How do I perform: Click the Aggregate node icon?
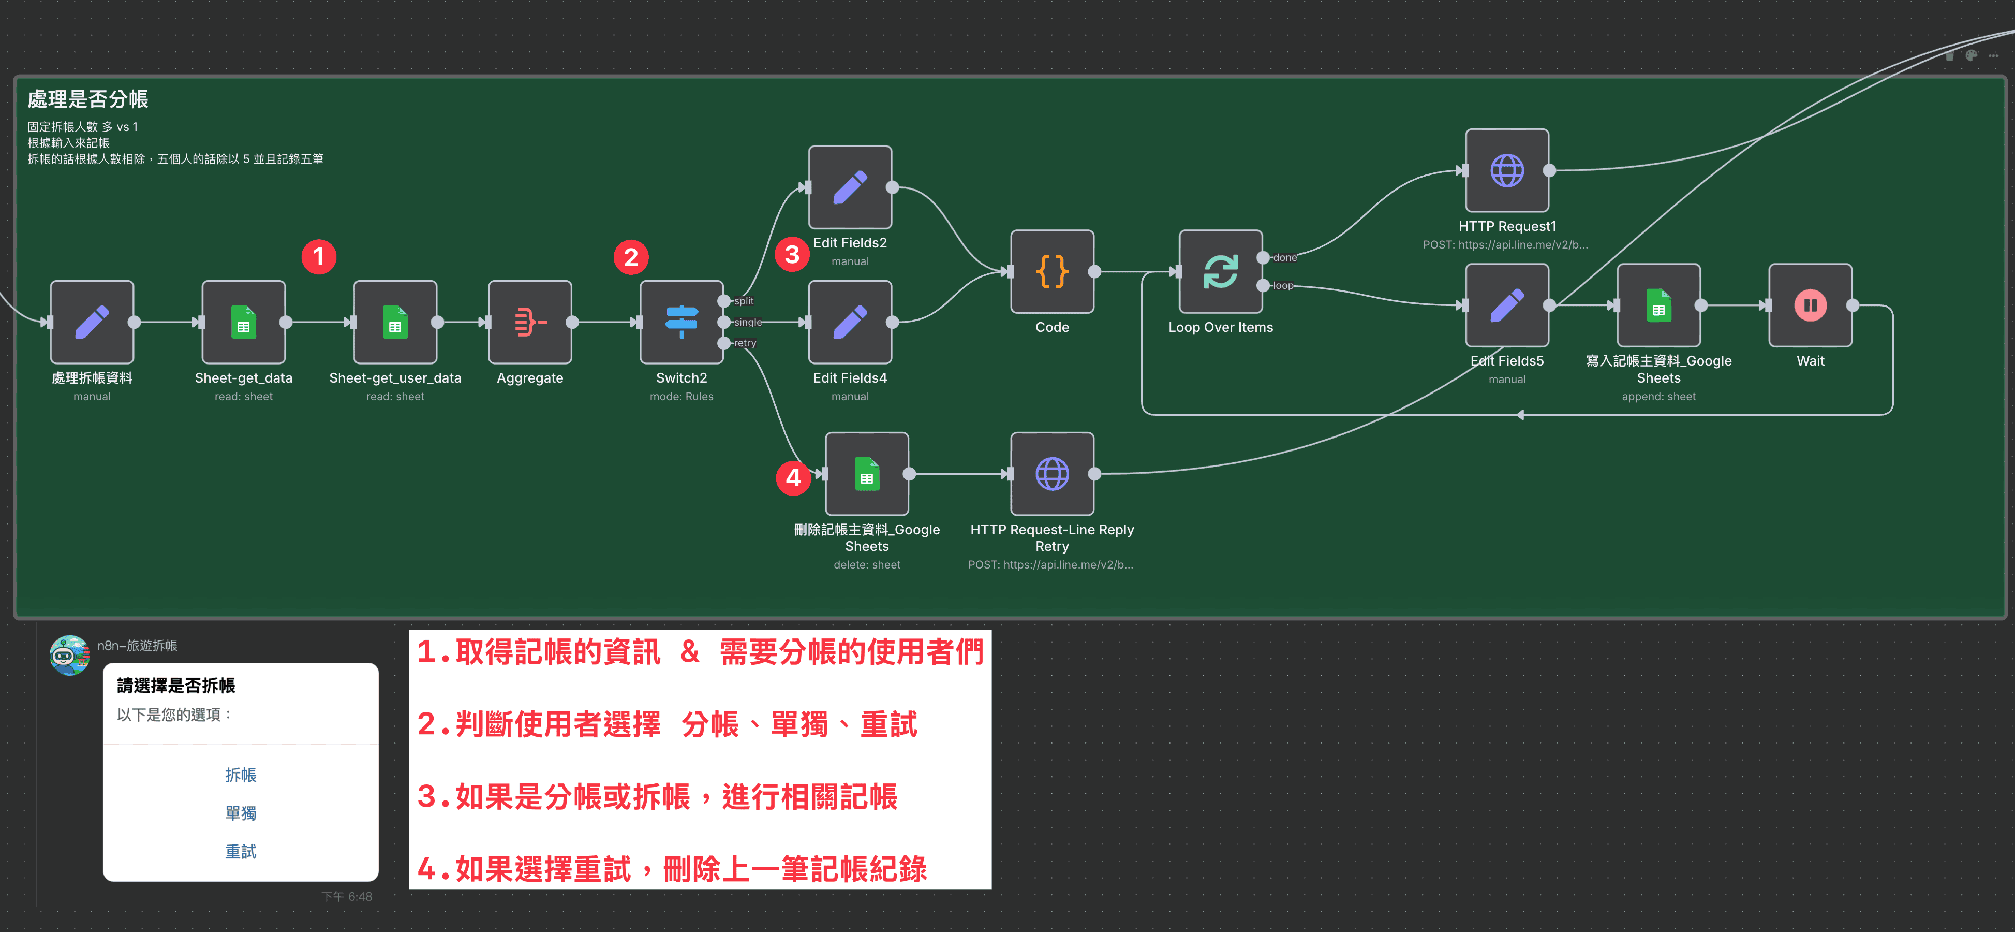tap(529, 322)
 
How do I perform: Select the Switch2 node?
tap(681, 322)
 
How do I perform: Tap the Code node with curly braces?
tap(1051, 271)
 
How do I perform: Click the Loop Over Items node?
tap(1220, 271)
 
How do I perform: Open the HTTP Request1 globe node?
tap(1506, 170)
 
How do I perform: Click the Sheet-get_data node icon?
tap(243, 322)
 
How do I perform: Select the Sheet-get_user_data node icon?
tap(395, 322)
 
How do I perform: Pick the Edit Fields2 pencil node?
tap(850, 187)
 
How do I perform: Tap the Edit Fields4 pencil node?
tap(850, 322)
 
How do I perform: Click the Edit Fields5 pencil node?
tap(1506, 305)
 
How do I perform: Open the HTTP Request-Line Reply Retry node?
tap(1051, 473)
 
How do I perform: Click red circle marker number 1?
tap(318, 257)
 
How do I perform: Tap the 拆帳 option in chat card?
tap(240, 775)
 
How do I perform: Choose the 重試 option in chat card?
tap(240, 851)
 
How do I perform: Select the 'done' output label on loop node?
tap(1284, 257)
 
